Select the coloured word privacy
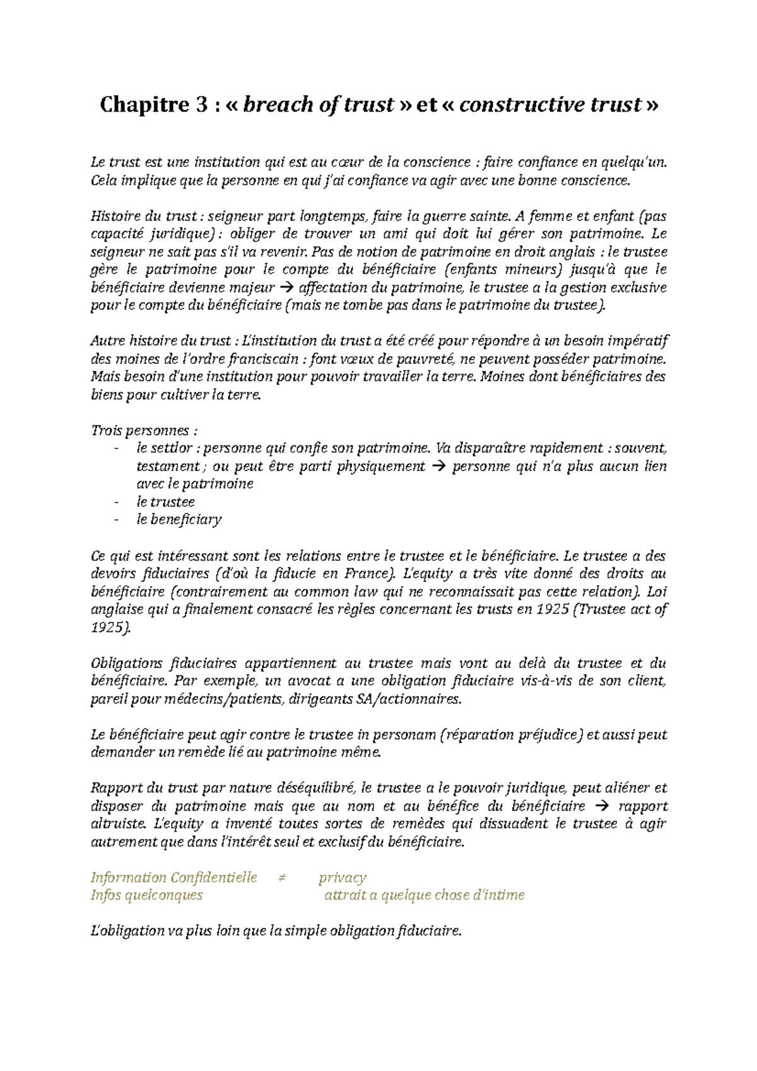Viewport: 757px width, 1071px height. click(x=342, y=877)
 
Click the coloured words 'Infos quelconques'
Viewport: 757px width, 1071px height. click(x=147, y=895)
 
